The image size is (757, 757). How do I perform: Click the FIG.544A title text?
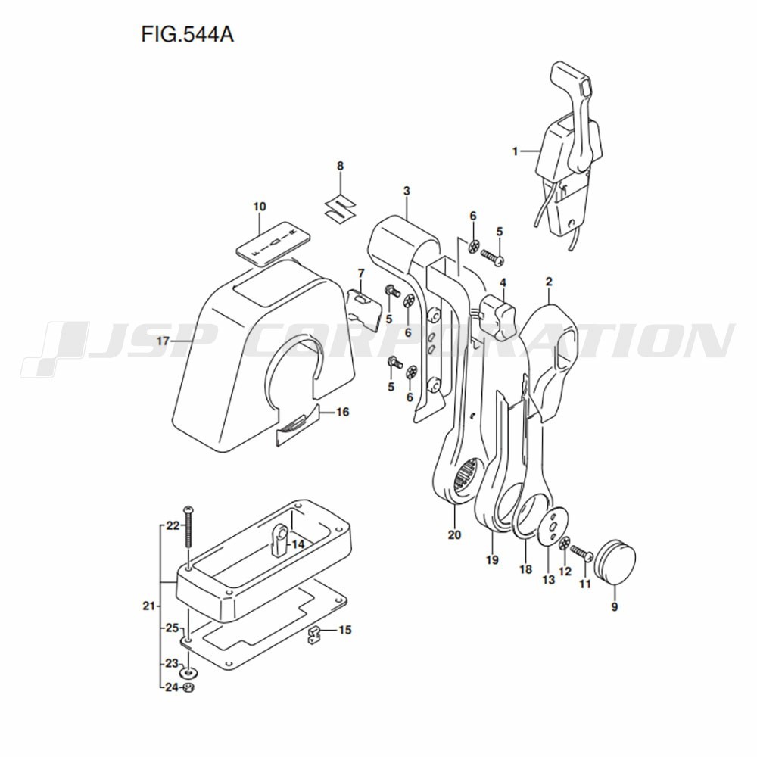point(187,34)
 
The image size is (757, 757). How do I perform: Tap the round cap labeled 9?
point(615,560)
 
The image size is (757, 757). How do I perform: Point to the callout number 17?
point(163,341)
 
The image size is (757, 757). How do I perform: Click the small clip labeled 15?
point(315,635)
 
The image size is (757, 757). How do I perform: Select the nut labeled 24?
point(189,687)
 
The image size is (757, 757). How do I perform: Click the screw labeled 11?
point(581,553)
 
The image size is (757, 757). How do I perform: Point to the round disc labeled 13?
point(555,528)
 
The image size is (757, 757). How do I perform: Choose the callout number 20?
point(454,535)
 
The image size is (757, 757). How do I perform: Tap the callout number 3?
point(407,192)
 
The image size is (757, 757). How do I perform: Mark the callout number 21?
point(148,606)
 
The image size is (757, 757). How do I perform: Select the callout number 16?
point(342,413)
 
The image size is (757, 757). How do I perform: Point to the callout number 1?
point(515,151)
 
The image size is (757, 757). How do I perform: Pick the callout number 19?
point(492,560)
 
